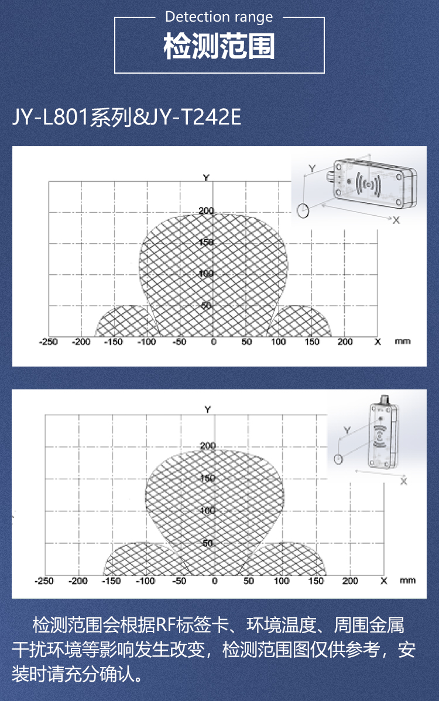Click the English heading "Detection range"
pos(219,18)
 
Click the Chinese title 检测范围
pos(219,47)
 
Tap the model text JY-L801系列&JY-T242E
pos(126,118)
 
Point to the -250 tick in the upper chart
pos(49,342)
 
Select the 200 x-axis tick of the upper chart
pos(345,342)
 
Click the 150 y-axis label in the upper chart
pos(206,242)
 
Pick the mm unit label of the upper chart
pos(402,341)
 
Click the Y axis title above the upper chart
pos(206,178)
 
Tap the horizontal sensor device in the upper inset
pos(374,184)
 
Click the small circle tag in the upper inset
pos(303,210)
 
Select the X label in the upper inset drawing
pos(396,220)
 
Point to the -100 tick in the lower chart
pos(145,581)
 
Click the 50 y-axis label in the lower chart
pos(208,543)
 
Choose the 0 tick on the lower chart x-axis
pos(214,581)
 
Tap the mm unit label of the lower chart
pos(407,581)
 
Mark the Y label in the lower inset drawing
pos(347,430)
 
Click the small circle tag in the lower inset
pos(338,459)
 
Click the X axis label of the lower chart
pos(383,581)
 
